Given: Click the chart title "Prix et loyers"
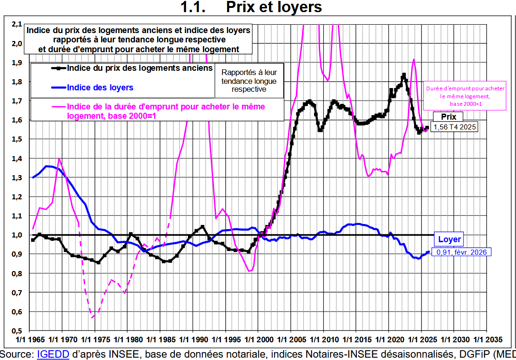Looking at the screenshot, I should coord(274,7).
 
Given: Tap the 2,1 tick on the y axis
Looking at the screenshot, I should coord(17,24).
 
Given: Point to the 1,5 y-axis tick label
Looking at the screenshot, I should coord(17,139).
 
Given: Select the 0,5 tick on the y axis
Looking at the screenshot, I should coord(17,331).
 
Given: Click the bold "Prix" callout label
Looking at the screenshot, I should coord(449,117).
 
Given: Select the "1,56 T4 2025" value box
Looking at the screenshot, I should coord(454,127).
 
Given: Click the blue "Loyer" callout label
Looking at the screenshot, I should coord(449,239).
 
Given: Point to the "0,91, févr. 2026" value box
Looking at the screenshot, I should coord(462,252).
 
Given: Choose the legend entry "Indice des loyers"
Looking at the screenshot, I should coord(100,88).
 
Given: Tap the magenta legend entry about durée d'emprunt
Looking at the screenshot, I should coord(166,111).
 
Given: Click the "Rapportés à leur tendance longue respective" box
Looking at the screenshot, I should coord(248,81).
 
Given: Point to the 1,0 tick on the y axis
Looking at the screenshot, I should coord(17,235).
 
